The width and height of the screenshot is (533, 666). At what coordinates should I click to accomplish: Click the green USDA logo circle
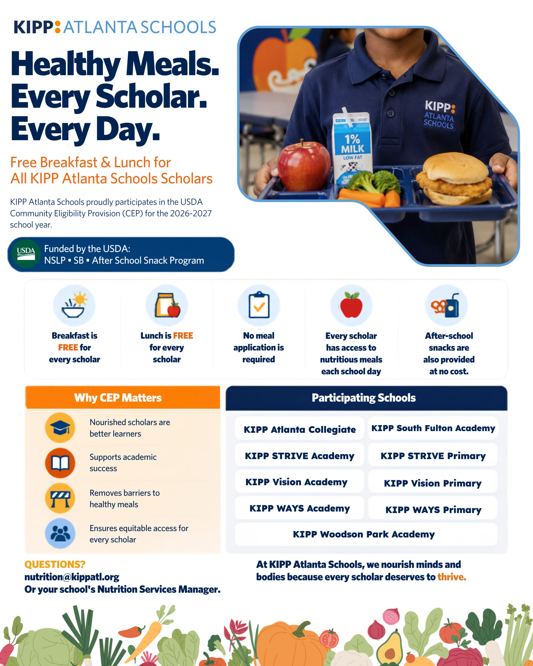[x=26, y=254]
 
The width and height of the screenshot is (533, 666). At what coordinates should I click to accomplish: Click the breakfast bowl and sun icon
[x=74, y=305]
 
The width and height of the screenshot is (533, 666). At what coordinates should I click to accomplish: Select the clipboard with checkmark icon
[x=259, y=305]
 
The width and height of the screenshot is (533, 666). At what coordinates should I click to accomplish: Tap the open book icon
[x=60, y=463]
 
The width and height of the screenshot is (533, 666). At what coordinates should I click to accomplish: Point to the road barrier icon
[x=60, y=498]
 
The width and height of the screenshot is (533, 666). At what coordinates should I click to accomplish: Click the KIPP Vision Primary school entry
[x=433, y=483]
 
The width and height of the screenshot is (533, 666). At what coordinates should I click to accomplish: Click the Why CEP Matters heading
[x=118, y=398]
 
